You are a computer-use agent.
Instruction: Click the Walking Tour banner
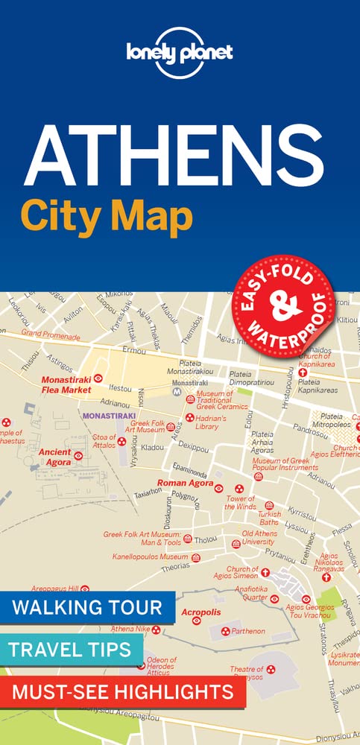click(87, 605)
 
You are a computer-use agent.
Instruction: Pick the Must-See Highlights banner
click(122, 692)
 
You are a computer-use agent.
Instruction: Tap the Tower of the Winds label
click(241, 502)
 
